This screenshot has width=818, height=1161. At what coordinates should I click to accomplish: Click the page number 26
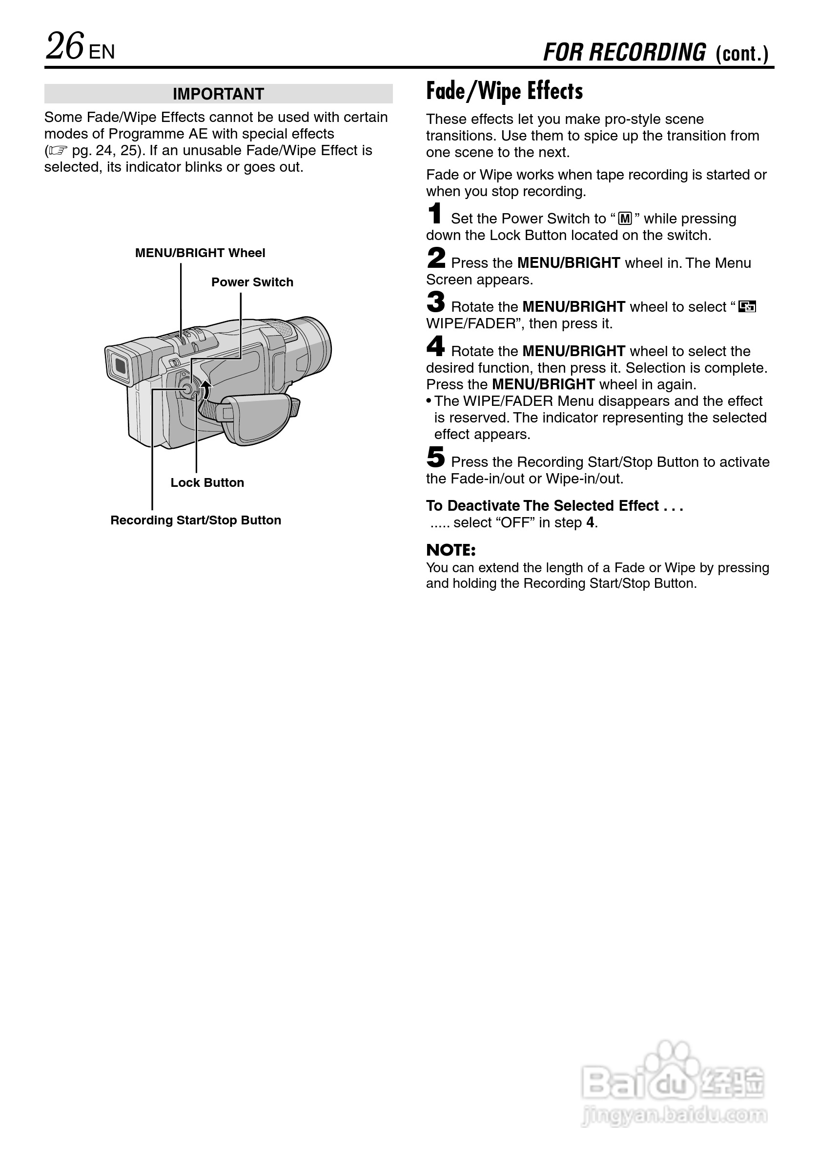(x=65, y=46)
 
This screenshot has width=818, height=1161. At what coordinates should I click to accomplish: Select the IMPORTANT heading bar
(x=218, y=94)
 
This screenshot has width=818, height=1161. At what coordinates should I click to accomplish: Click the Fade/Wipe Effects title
(x=504, y=92)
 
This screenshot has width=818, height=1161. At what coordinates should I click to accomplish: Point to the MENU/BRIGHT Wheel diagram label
(x=200, y=253)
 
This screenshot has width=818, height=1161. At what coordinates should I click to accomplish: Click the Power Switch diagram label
(x=252, y=282)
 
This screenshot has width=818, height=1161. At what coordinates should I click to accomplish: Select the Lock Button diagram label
(x=207, y=482)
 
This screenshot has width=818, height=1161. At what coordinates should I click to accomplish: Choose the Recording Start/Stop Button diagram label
(x=195, y=520)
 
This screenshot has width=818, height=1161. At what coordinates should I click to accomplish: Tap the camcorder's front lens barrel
(x=314, y=349)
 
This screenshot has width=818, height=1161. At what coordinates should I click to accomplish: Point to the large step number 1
(x=434, y=213)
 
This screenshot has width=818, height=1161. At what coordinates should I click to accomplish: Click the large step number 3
(x=435, y=302)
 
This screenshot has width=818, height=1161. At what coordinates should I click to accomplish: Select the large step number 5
(x=435, y=457)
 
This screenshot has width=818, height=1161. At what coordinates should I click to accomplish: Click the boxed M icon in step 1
(x=625, y=219)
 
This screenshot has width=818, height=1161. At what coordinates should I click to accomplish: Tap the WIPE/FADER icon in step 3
(x=747, y=307)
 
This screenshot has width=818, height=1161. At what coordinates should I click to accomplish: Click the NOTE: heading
(x=451, y=550)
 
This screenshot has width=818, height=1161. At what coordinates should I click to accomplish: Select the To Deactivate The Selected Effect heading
(x=554, y=506)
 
